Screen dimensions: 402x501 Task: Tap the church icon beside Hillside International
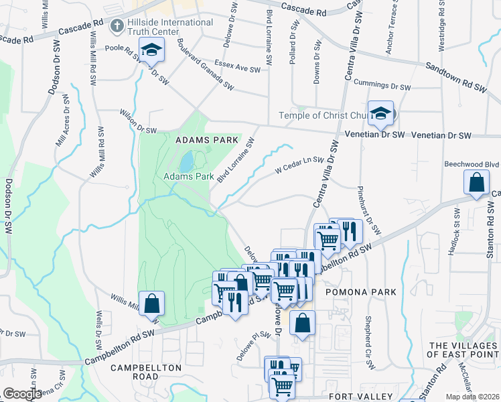click(x=117, y=25)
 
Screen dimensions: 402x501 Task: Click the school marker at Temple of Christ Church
click(x=380, y=113)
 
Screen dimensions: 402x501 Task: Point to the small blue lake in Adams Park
click(x=186, y=161)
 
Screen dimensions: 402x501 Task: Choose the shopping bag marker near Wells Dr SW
click(x=152, y=303)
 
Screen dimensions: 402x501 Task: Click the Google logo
click(x=22, y=394)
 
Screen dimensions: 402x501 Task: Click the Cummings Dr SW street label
click(x=382, y=86)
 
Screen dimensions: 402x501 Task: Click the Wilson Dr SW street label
click(x=138, y=121)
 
